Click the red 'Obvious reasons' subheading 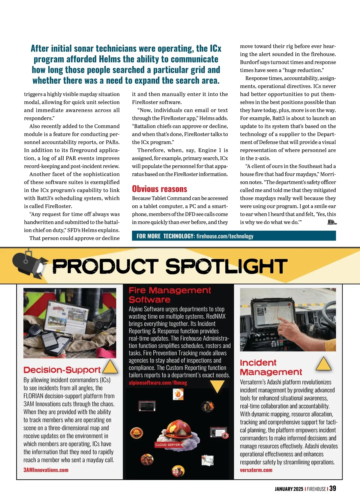click(159, 189)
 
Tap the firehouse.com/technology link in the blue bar click(225, 236)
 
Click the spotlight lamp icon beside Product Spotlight click(28, 264)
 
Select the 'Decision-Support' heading click(62, 370)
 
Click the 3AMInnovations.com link click(46, 470)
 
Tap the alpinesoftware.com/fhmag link click(158, 383)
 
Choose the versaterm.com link click(256, 470)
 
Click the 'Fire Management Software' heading click(169, 295)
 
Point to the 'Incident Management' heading click(271, 367)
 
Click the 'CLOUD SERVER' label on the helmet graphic click(167, 445)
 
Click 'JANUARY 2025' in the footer click(289, 489)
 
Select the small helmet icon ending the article click(331, 222)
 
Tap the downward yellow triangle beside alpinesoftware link click(217, 386)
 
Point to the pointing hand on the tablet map click(284, 323)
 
